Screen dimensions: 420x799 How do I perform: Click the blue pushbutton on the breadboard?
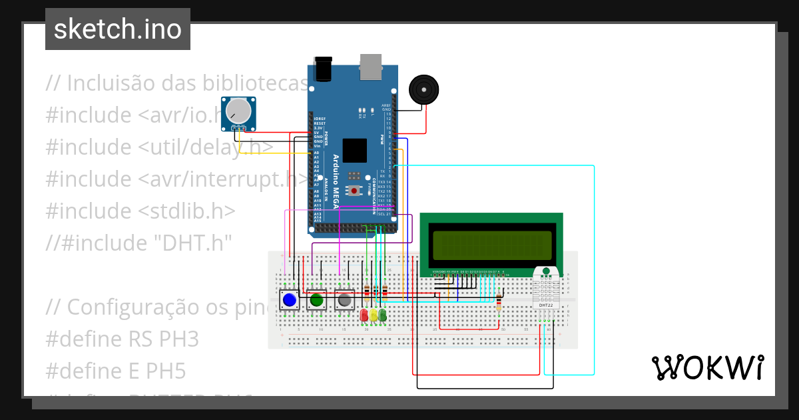tap(289, 301)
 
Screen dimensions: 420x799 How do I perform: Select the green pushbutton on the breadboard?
tap(316, 301)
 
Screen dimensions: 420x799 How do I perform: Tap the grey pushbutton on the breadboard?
tap(344, 301)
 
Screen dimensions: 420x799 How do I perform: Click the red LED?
tap(364, 315)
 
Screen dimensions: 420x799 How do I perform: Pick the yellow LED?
tap(374, 315)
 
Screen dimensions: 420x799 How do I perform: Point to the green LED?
tap(383, 315)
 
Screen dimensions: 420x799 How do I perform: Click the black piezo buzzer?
tap(423, 89)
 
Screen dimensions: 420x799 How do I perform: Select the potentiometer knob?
tap(238, 109)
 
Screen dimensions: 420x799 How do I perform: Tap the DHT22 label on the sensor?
tap(547, 305)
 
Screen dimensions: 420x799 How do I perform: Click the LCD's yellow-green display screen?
tap(491, 245)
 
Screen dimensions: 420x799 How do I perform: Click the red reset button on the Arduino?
tap(356, 191)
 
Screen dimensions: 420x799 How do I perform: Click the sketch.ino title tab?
tap(118, 29)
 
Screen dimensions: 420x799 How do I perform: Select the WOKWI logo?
tap(707, 367)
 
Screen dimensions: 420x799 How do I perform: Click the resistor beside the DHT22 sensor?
tap(499, 303)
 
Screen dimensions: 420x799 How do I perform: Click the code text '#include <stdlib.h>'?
tap(140, 211)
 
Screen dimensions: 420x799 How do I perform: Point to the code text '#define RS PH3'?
tap(123, 339)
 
